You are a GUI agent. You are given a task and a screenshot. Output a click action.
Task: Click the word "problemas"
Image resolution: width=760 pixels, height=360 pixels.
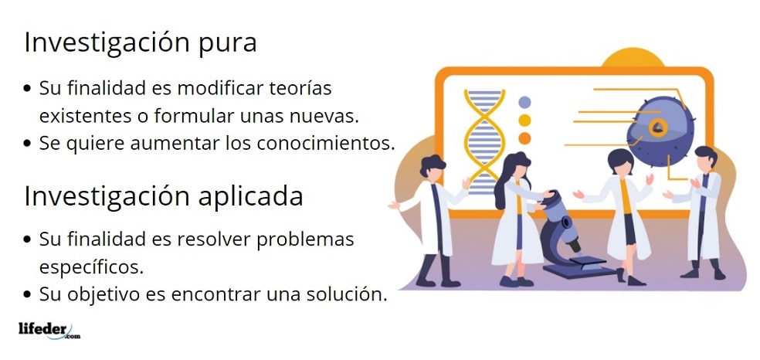click(305, 239)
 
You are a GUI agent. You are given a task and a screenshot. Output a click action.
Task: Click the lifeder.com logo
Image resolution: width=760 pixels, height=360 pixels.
click(49, 331)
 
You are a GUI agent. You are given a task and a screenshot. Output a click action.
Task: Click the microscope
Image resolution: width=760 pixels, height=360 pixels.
click(572, 236)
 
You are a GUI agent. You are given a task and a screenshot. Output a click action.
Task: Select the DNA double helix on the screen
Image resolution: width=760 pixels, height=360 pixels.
click(484, 141)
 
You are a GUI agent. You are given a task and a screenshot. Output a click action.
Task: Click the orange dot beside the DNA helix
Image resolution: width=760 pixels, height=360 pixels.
click(524, 138)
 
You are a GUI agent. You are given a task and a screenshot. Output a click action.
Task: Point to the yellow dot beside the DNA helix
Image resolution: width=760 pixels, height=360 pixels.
click(524, 121)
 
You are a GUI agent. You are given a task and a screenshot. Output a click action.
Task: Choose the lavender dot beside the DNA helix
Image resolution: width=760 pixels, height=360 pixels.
click(524, 102)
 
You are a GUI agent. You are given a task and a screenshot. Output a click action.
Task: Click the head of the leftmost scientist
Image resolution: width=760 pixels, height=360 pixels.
click(433, 167)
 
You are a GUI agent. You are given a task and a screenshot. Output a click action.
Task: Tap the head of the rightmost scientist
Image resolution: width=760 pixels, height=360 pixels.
click(706, 158)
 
